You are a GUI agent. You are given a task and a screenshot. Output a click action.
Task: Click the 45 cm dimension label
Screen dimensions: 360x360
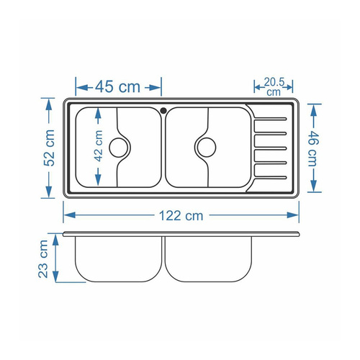(117, 86)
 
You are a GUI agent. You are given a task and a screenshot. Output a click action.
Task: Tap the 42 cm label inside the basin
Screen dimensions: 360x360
(99, 147)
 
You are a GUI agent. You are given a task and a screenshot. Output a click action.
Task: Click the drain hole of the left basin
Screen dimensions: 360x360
(118, 148)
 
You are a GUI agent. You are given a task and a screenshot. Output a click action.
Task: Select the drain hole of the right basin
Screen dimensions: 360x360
(206, 147)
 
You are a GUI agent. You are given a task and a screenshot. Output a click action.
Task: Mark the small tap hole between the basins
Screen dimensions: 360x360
(164, 110)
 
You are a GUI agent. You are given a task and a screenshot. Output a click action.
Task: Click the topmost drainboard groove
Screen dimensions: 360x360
(271, 118)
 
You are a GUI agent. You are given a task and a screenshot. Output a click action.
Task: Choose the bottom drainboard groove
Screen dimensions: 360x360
(271, 176)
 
